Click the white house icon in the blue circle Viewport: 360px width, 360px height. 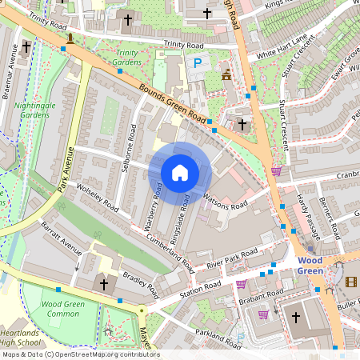tap(180, 173)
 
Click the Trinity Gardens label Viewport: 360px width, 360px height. tap(126, 58)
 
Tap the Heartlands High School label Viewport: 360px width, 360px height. tap(21, 337)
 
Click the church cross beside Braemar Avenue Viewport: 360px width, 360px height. tap(26, 49)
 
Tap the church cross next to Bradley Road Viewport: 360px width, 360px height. tap(102, 284)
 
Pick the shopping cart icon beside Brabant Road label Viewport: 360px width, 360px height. tap(240, 283)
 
